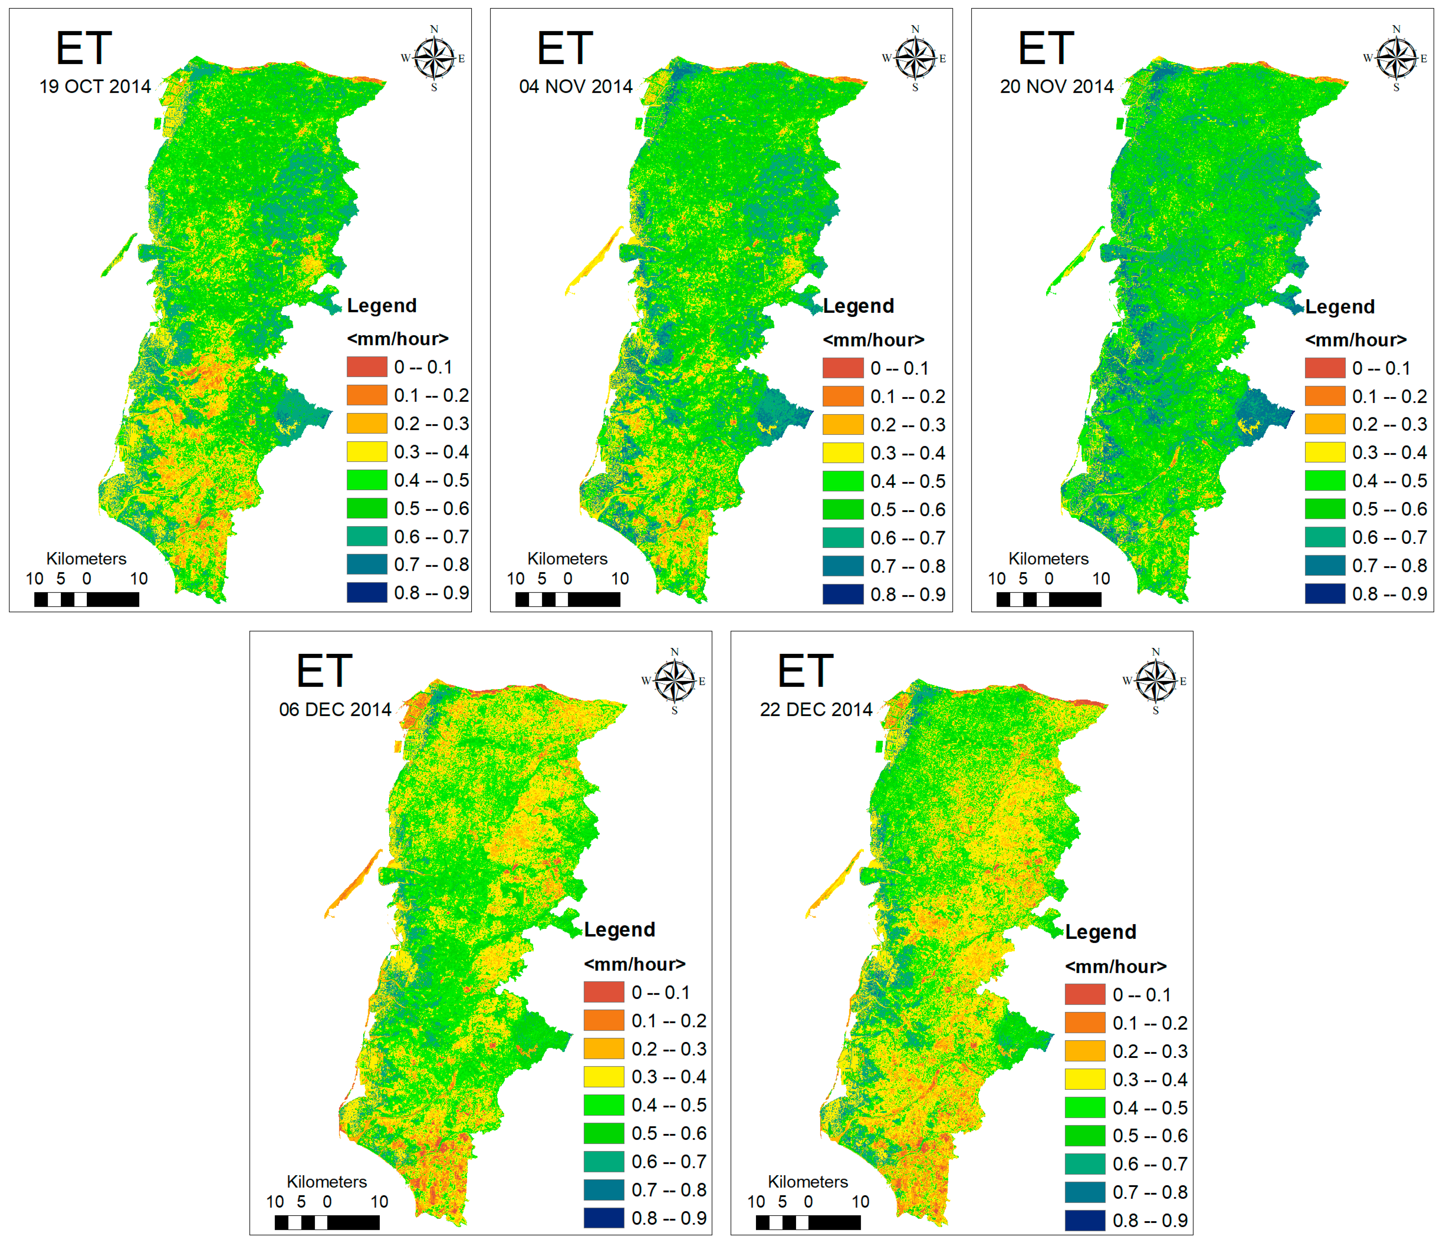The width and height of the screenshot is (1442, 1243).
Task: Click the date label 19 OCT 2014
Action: click(95, 86)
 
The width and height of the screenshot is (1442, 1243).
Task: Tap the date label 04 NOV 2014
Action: click(576, 86)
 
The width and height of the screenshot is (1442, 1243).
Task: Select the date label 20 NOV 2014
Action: click(1057, 86)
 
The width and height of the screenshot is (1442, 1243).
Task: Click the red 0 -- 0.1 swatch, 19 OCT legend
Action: click(367, 367)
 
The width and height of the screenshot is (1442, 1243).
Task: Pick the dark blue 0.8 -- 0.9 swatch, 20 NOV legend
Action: click(1324, 594)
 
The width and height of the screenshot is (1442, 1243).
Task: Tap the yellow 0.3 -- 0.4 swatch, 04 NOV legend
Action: click(843, 453)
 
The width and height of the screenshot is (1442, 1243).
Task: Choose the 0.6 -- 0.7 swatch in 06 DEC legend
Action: click(603, 1162)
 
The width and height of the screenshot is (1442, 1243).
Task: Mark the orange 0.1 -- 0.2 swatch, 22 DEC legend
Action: click(1084, 1023)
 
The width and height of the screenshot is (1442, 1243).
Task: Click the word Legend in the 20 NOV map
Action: click(1340, 307)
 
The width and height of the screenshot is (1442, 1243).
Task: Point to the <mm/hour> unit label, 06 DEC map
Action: click(634, 964)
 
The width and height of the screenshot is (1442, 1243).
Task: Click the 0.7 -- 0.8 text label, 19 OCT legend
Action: click(431, 565)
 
